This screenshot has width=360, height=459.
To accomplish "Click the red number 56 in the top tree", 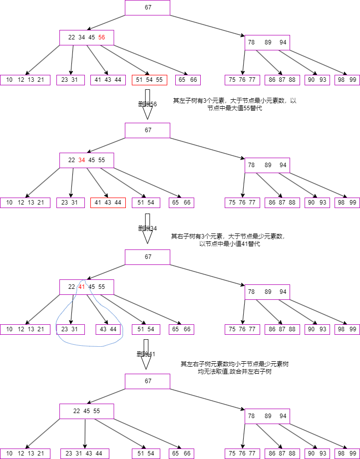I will tap(102, 37).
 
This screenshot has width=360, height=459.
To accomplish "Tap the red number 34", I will tap(82, 160).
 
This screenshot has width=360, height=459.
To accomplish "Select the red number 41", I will tap(82, 287).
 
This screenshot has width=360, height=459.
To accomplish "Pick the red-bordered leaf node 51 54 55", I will tap(149, 80).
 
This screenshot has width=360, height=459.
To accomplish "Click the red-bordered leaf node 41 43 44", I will tap(108, 203).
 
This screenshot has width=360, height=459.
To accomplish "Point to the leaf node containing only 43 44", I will tap(108, 329).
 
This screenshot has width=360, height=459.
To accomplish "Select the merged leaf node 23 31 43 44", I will tap(84, 454).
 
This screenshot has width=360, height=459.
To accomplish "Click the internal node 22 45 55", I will tap(86, 411).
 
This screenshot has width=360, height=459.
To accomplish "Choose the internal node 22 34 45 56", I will tap(86, 37).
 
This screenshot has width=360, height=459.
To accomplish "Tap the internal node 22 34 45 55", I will tap(86, 160).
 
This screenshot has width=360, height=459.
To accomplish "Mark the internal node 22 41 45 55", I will tap(86, 287).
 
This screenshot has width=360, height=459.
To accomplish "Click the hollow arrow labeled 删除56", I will tap(147, 104).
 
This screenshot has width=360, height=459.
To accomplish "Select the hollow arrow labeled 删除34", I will tap(147, 228).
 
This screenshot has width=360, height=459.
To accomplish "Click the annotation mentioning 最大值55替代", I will tap(234, 104).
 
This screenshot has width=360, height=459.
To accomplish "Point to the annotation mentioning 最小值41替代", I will tap(229, 240).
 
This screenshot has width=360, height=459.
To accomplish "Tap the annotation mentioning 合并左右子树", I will tap(234, 368).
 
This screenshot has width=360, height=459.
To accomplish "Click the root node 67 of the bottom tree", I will tap(147, 381).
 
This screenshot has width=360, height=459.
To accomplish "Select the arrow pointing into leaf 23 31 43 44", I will tap(84, 434).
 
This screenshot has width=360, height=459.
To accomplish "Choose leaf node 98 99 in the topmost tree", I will tap(347, 80).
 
